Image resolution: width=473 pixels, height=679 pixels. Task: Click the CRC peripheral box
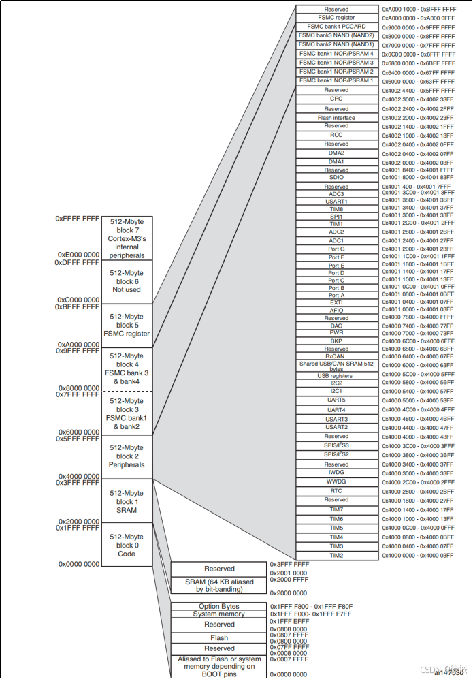tap(336, 99)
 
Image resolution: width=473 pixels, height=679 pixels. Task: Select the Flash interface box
tap(336, 118)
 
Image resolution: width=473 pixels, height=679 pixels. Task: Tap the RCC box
tap(336, 135)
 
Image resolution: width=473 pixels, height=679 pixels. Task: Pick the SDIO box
tap(336, 177)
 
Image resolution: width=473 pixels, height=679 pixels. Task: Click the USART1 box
tap(336, 201)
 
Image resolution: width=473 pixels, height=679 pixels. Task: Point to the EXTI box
tap(336, 302)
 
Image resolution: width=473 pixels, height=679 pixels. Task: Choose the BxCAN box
tap(336, 356)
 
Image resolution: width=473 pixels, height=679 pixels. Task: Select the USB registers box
tap(336, 375)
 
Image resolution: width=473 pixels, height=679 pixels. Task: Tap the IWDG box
tap(336, 472)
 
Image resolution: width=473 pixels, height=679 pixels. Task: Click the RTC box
tap(336, 490)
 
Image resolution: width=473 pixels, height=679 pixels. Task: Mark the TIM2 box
tap(336, 555)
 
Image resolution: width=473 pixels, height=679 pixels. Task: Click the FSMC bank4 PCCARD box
tap(336, 27)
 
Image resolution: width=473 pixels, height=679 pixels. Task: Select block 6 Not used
tap(127, 281)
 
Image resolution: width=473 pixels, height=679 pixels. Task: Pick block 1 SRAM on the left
tap(127, 501)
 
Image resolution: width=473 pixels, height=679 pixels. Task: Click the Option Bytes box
tap(219, 606)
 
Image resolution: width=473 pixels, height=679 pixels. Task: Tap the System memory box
tap(219, 614)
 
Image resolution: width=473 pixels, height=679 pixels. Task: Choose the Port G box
tap(336, 249)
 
